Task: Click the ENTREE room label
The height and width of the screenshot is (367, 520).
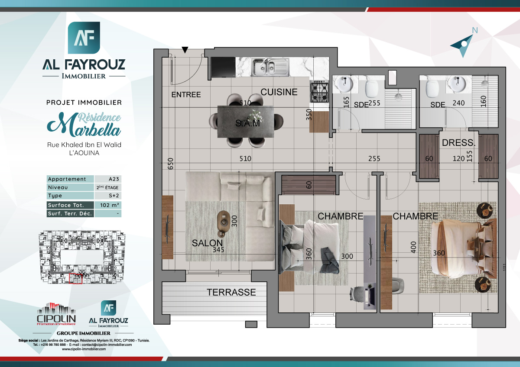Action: (186, 94)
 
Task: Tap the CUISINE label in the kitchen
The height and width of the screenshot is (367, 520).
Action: (279, 92)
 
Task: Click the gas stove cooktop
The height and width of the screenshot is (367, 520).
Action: (320, 91)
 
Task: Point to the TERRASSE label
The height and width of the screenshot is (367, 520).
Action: (231, 292)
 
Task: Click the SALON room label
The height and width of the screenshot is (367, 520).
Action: (207, 243)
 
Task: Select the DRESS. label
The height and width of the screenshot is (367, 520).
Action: (458, 143)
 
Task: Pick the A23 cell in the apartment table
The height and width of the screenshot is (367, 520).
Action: (107, 179)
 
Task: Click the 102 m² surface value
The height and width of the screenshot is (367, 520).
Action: (107, 205)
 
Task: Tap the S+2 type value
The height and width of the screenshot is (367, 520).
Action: (107, 196)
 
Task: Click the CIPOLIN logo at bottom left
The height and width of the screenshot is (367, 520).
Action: (56, 315)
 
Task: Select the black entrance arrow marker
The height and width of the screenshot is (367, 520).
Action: (185, 50)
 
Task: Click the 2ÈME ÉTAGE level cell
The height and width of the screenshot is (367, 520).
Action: (107, 188)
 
